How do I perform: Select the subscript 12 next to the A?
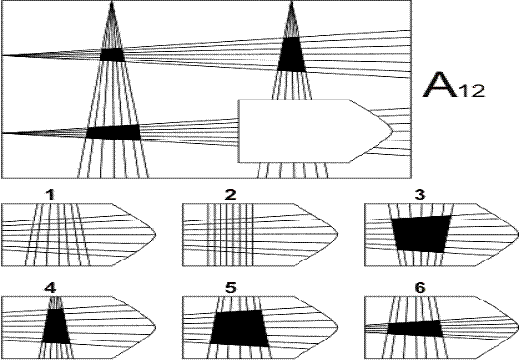click(471, 91)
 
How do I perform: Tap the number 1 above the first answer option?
click(50, 195)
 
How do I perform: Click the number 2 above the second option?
click(230, 195)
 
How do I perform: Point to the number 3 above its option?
click(419, 195)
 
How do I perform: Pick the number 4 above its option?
click(50, 288)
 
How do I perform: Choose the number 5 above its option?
click(230, 288)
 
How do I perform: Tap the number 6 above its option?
click(419, 288)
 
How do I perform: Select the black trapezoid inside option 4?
click(56, 326)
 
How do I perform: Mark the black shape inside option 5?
click(239, 329)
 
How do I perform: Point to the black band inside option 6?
click(415, 328)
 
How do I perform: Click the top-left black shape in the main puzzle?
click(112, 55)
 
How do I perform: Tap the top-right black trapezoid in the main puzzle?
click(292, 55)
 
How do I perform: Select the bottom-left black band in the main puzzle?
click(113, 133)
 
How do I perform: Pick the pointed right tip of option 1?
click(155, 235)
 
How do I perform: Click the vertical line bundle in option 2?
click(229, 235)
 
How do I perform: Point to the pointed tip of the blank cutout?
click(392, 131)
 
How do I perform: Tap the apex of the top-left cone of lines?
click(112, 2)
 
